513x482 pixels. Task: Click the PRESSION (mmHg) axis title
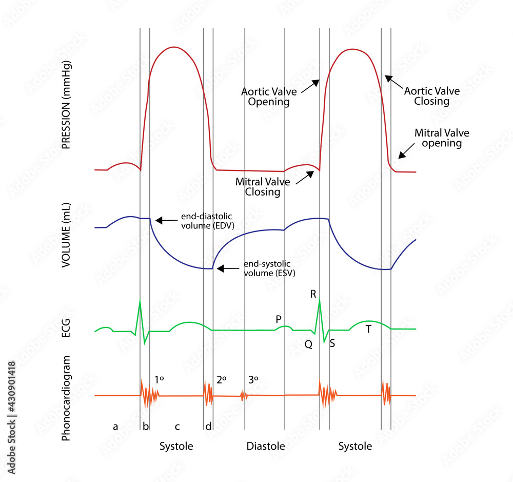pyautogui.click(x=66, y=105)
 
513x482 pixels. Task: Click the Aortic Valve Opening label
pyautogui.click(x=266, y=97)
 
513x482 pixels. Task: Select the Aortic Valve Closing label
pyautogui.click(x=432, y=96)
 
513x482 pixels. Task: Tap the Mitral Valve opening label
pyautogui.click(x=442, y=138)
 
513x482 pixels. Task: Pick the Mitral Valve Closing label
pyautogui.click(x=263, y=187)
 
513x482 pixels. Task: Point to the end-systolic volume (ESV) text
pyautogui.click(x=269, y=268)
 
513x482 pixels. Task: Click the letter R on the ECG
pyautogui.click(x=313, y=294)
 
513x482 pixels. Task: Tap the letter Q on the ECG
pyautogui.click(x=308, y=345)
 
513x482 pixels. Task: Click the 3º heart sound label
pyautogui.click(x=253, y=379)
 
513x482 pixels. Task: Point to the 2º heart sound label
pyautogui.click(x=222, y=379)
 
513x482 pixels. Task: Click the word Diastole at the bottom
pyautogui.click(x=265, y=446)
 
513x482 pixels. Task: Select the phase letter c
pyautogui.click(x=177, y=426)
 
